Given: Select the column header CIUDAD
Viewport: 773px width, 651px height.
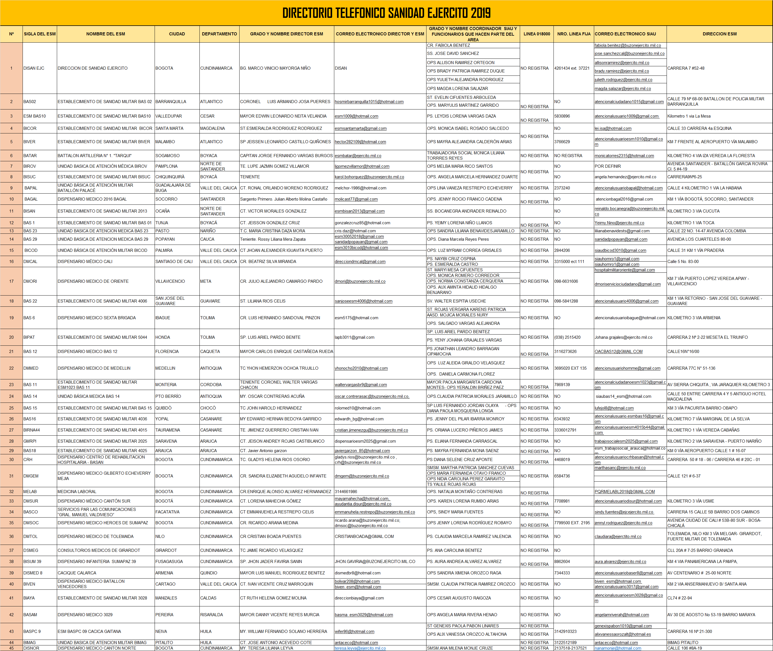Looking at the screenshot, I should coord(177,34).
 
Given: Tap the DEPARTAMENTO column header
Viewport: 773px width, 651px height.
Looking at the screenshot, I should coord(219,34).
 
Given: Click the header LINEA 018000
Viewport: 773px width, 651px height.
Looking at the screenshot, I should coord(537,34).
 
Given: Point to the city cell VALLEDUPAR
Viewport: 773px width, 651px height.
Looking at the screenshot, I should coord(169,116).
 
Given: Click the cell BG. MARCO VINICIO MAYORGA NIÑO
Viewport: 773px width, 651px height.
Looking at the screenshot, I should coord(275,68).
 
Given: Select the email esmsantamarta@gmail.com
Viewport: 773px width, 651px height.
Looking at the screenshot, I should coord(360,128).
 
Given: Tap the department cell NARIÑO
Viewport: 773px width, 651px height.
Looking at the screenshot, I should coord(208,231).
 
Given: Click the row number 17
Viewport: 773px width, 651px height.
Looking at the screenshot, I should coord(11,281).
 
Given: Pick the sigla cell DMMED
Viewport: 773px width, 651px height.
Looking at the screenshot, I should coord(31,368).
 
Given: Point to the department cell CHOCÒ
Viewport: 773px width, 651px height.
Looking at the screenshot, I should coord(208,408).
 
